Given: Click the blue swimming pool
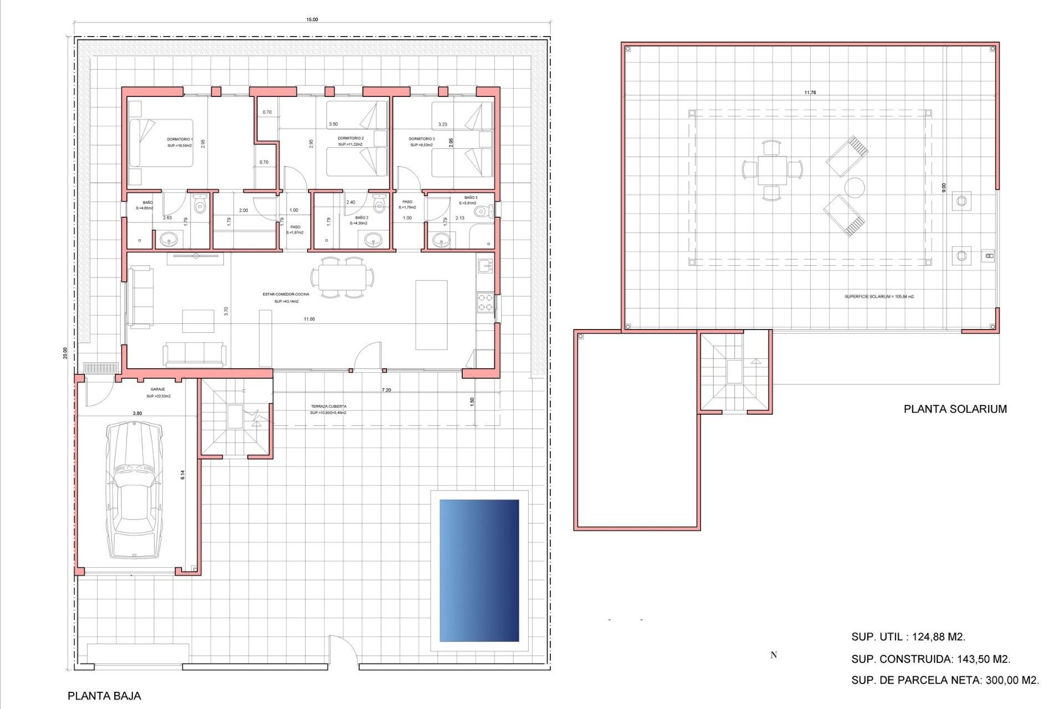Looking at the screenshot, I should click(x=479, y=571).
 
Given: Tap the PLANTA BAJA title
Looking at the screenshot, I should click(x=104, y=696).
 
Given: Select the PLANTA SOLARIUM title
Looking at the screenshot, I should click(x=955, y=409).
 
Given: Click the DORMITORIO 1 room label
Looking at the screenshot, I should click(x=180, y=140).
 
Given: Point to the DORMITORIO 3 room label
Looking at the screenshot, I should click(x=422, y=139).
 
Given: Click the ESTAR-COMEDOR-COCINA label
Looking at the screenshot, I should click(x=286, y=294).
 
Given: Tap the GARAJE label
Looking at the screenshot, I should click(x=158, y=389).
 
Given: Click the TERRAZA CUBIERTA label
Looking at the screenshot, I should click(x=329, y=407).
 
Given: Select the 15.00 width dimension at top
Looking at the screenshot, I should click(x=312, y=19).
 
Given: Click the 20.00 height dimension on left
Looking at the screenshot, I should click(x=65, y=353).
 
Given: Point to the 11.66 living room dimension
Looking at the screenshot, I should click(x=309, y=319).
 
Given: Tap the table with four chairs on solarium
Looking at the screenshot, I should click(x=772, y=170).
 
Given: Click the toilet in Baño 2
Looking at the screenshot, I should click(x=379, y=205).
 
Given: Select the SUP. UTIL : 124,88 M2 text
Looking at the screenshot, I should click(x=908, y=637).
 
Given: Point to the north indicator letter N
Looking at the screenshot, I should click(x=774, y=655).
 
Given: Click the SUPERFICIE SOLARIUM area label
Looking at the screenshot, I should click(x=879, y=296).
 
